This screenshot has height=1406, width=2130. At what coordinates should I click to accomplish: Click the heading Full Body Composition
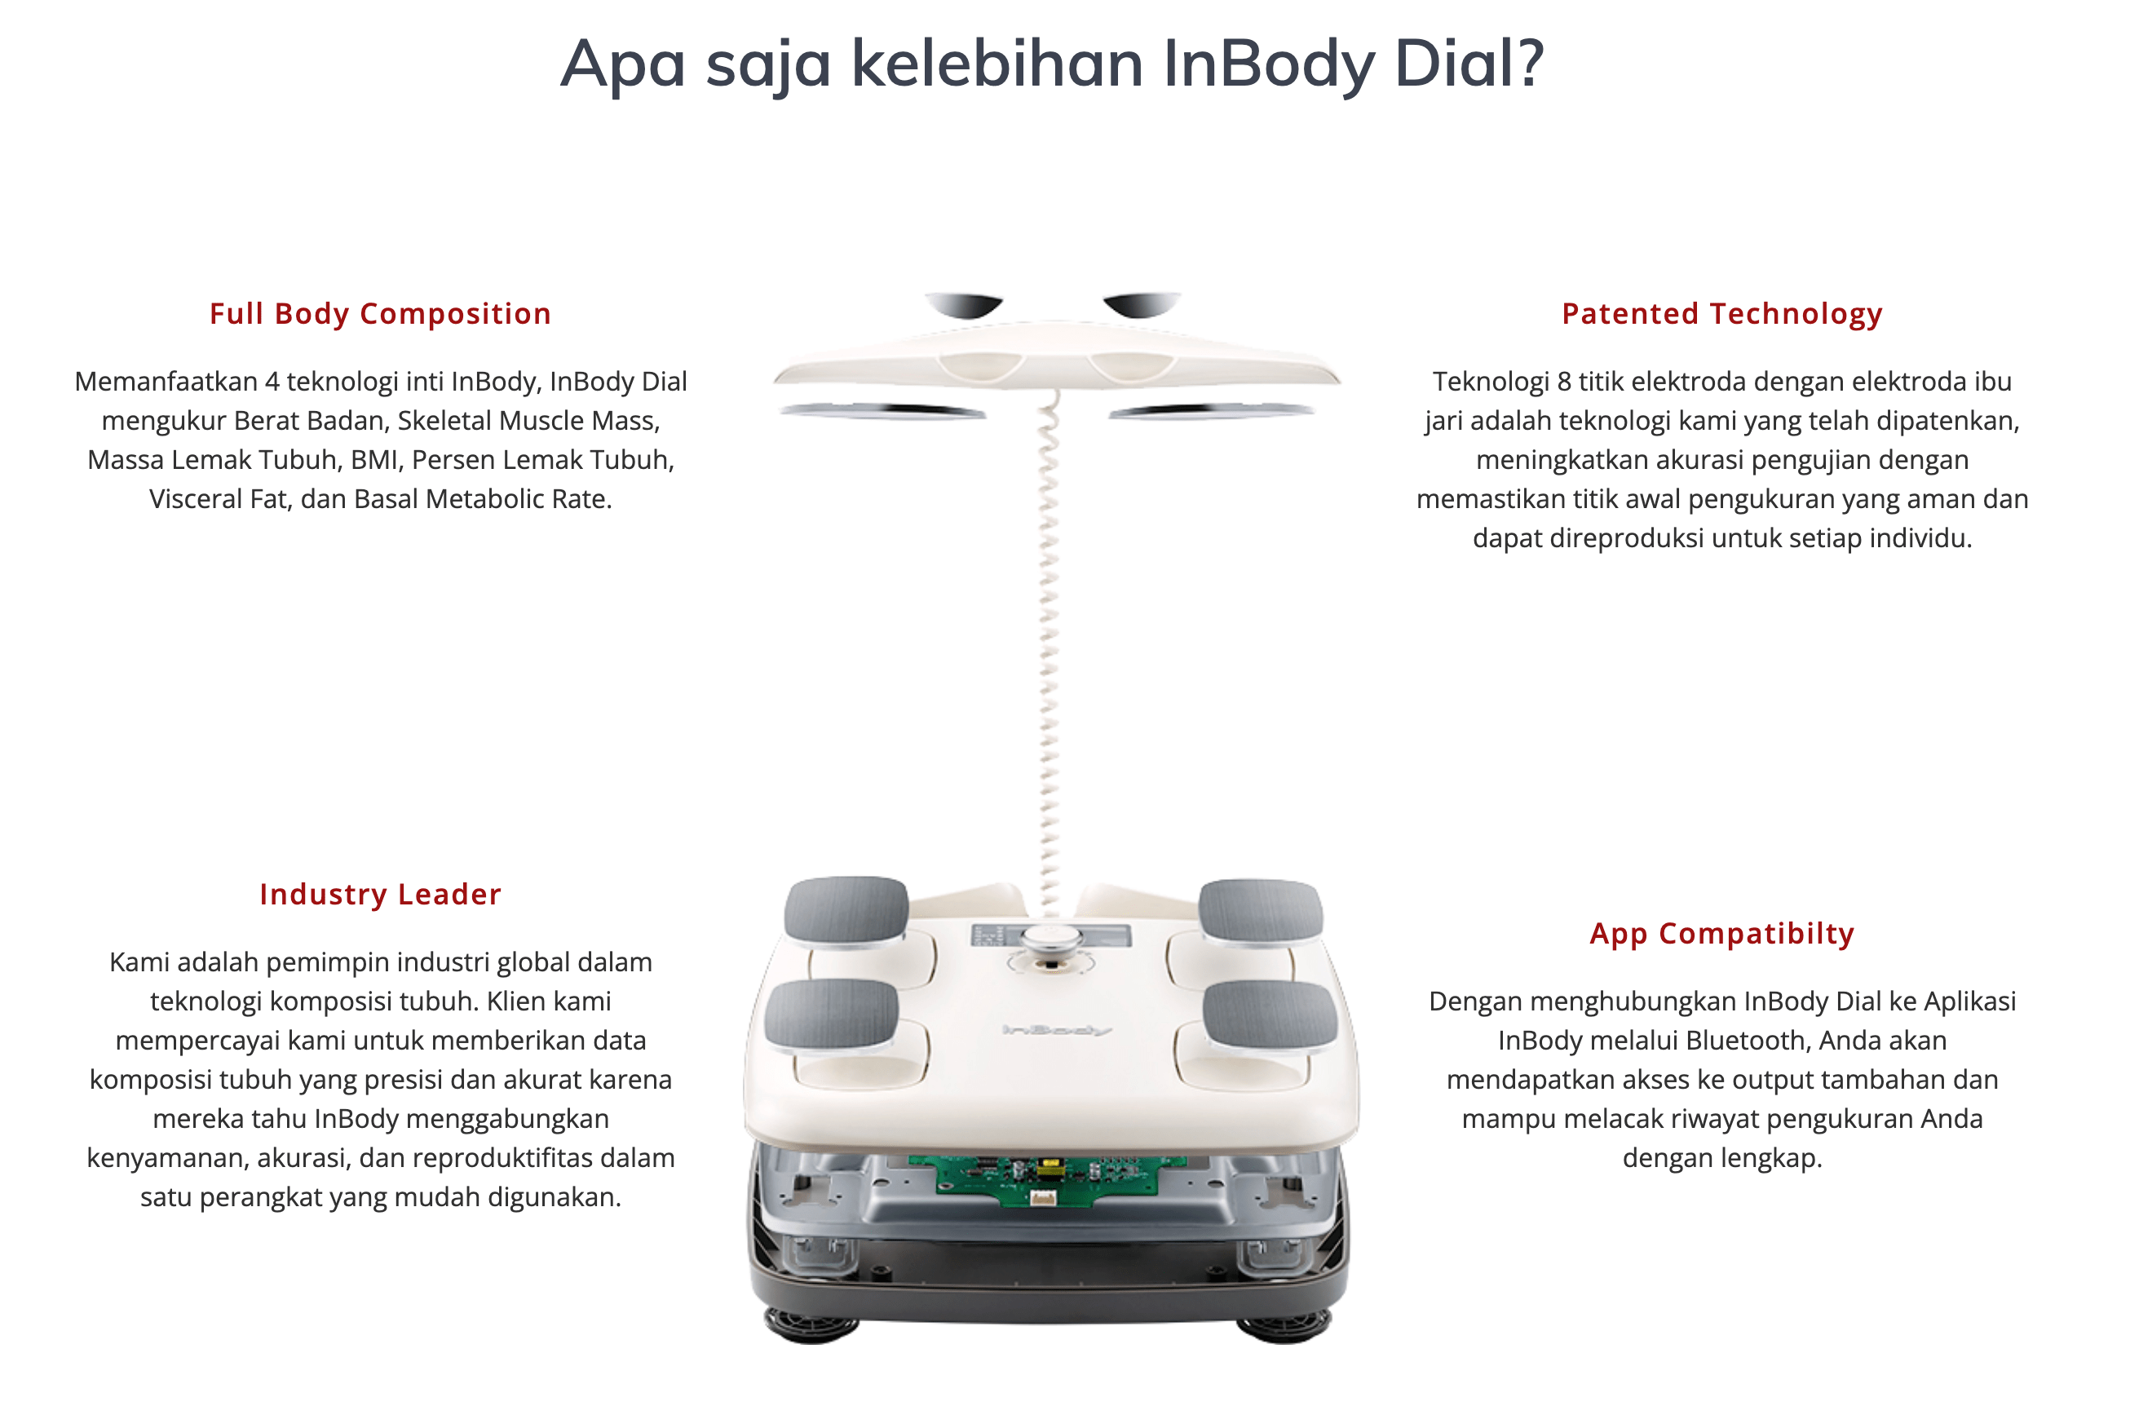380,314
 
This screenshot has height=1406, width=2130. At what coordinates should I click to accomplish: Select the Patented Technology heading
1721,314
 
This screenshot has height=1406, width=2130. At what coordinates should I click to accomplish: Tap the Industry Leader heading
380,894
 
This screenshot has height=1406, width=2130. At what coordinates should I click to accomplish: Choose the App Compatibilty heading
1721,934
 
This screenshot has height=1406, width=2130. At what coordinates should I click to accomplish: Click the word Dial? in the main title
1469,64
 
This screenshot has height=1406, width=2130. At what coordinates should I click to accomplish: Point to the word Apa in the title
623,65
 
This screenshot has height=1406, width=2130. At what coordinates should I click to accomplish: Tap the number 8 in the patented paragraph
1563,382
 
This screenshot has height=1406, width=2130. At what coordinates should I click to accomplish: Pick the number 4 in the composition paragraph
272,382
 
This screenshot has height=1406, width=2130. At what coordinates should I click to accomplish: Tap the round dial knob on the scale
1050,939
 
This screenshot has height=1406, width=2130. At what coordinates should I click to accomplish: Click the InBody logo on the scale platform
1056,1030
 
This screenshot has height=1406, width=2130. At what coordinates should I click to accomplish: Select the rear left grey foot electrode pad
846,910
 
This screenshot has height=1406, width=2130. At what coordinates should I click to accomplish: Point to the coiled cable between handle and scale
1049,655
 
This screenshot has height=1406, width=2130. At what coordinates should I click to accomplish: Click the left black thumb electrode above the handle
964,305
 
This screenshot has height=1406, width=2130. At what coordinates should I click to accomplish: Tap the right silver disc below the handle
1211,411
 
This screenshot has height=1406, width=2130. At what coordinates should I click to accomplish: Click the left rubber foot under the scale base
811,1325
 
